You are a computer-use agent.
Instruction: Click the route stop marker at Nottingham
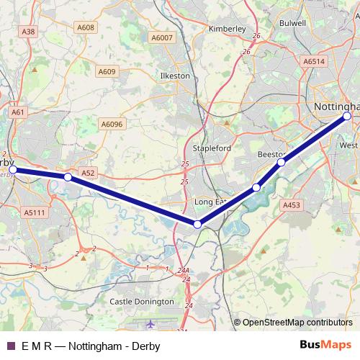click(347, 115)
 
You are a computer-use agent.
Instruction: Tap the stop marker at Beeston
click(282, 161)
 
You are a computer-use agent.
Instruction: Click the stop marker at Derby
click(12, 170)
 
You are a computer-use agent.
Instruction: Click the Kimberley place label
click(227, 29)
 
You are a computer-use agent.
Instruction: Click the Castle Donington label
click(142, 302)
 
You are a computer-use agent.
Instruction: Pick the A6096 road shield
click(112, 124)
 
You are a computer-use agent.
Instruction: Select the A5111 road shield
click(34, 212)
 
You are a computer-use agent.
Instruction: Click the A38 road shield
click(28, 32)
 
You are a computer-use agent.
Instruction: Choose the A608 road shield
click(86, 27)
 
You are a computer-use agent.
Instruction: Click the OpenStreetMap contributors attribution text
click(296, 322)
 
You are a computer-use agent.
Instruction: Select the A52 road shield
click(88, 174)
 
